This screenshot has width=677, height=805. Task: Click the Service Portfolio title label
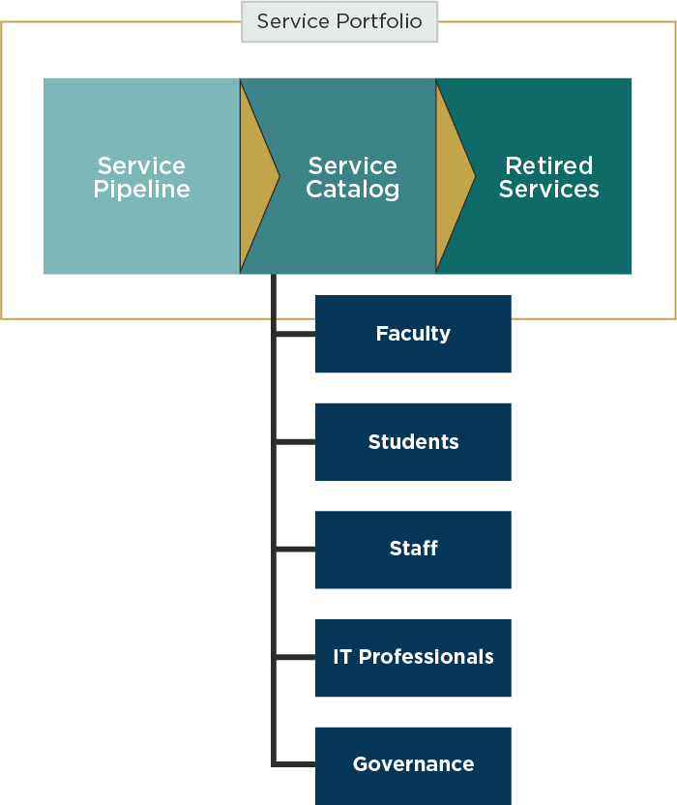pos(339,21)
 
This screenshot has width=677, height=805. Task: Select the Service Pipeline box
pos(141,176)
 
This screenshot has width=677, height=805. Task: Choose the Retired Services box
pos(549,176)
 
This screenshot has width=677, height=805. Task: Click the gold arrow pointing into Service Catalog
pos(257,176)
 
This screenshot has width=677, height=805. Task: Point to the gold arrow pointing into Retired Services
pos(454,176)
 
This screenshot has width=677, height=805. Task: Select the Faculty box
pos(413,334)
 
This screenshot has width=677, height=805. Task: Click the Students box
pos(413,442)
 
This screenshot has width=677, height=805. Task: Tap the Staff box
pos(413,550)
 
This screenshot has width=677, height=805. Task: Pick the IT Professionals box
pos(413,658)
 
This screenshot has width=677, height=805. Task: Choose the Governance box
pos(413,765)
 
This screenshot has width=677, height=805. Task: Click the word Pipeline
pos(141,190)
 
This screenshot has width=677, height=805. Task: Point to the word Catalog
pos(353,190)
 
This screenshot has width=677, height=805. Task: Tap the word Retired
pos(549,165)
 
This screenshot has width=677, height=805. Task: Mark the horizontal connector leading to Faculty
pos(296,335)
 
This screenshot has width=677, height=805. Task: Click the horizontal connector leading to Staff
pos(296,550)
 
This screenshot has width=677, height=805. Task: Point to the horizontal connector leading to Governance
pos(296,764)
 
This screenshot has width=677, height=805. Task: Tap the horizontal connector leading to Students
pos(296,442)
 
